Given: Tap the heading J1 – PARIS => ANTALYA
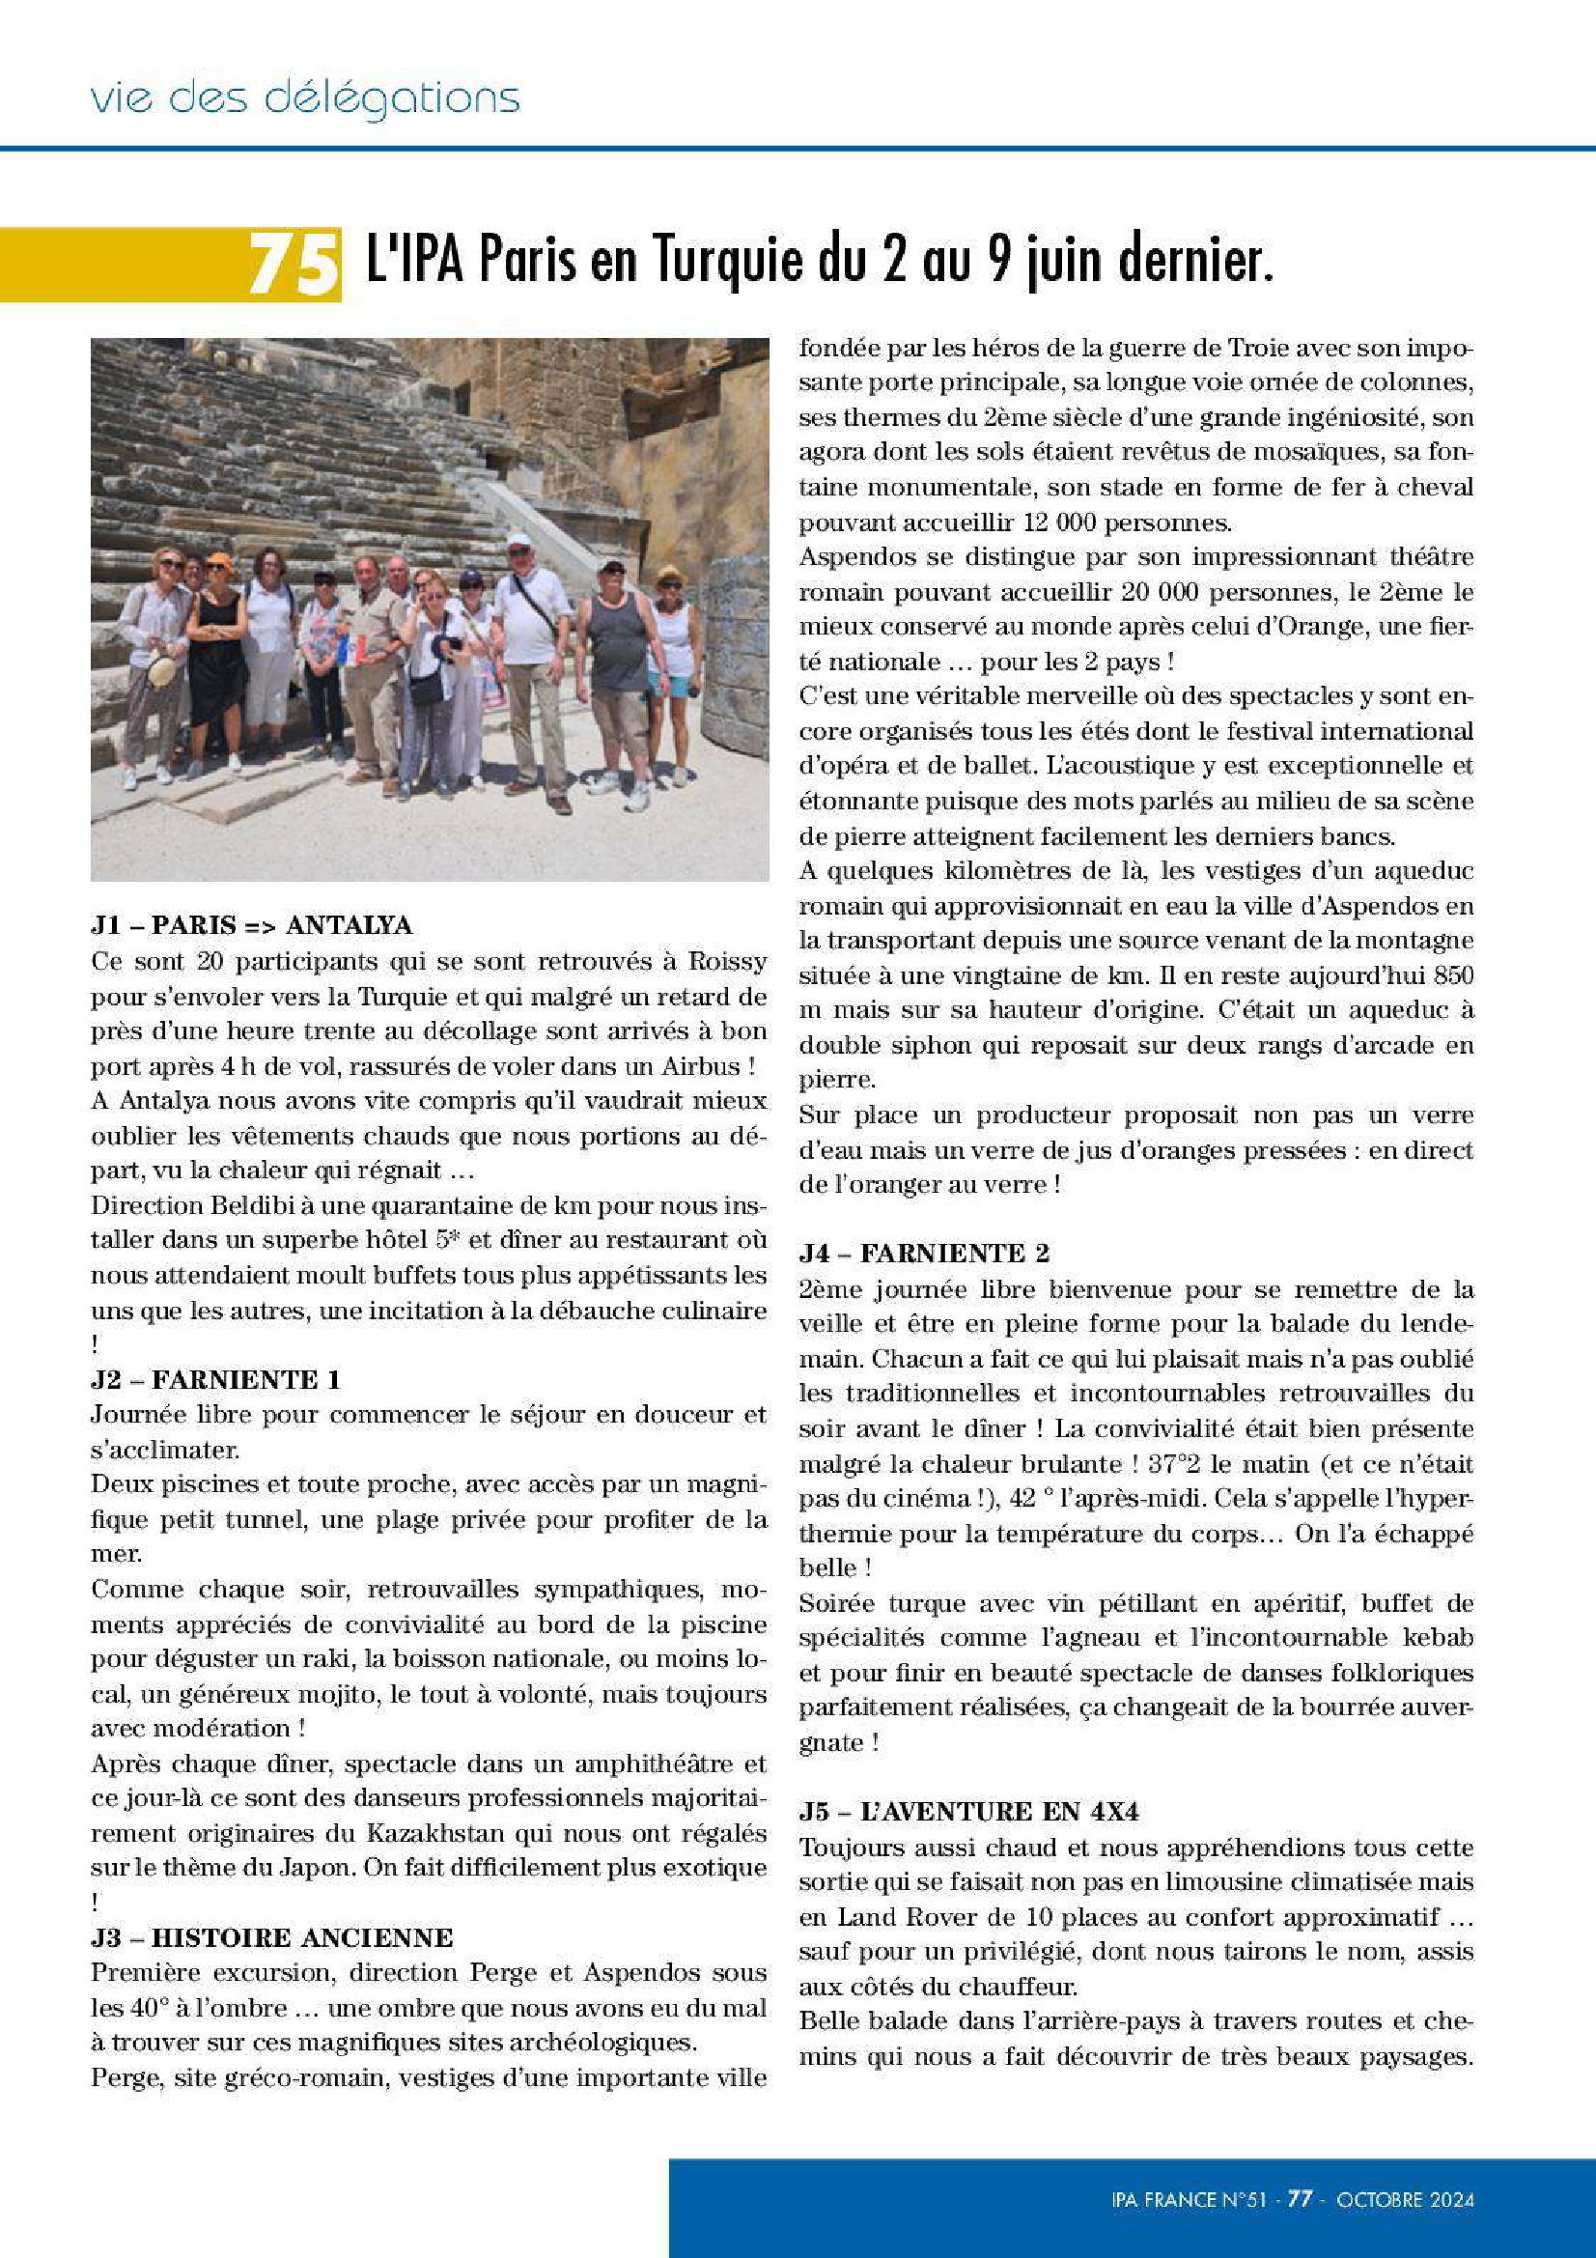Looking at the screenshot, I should point(252,925).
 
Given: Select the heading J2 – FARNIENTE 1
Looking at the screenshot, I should point(215,1379).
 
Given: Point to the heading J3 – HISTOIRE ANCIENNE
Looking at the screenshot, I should point(271,1937).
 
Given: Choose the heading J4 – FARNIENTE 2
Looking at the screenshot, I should point(923,1253).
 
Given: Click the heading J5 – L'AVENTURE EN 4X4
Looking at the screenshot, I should point(968,1812).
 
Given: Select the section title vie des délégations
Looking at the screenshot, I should point(305,99).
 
